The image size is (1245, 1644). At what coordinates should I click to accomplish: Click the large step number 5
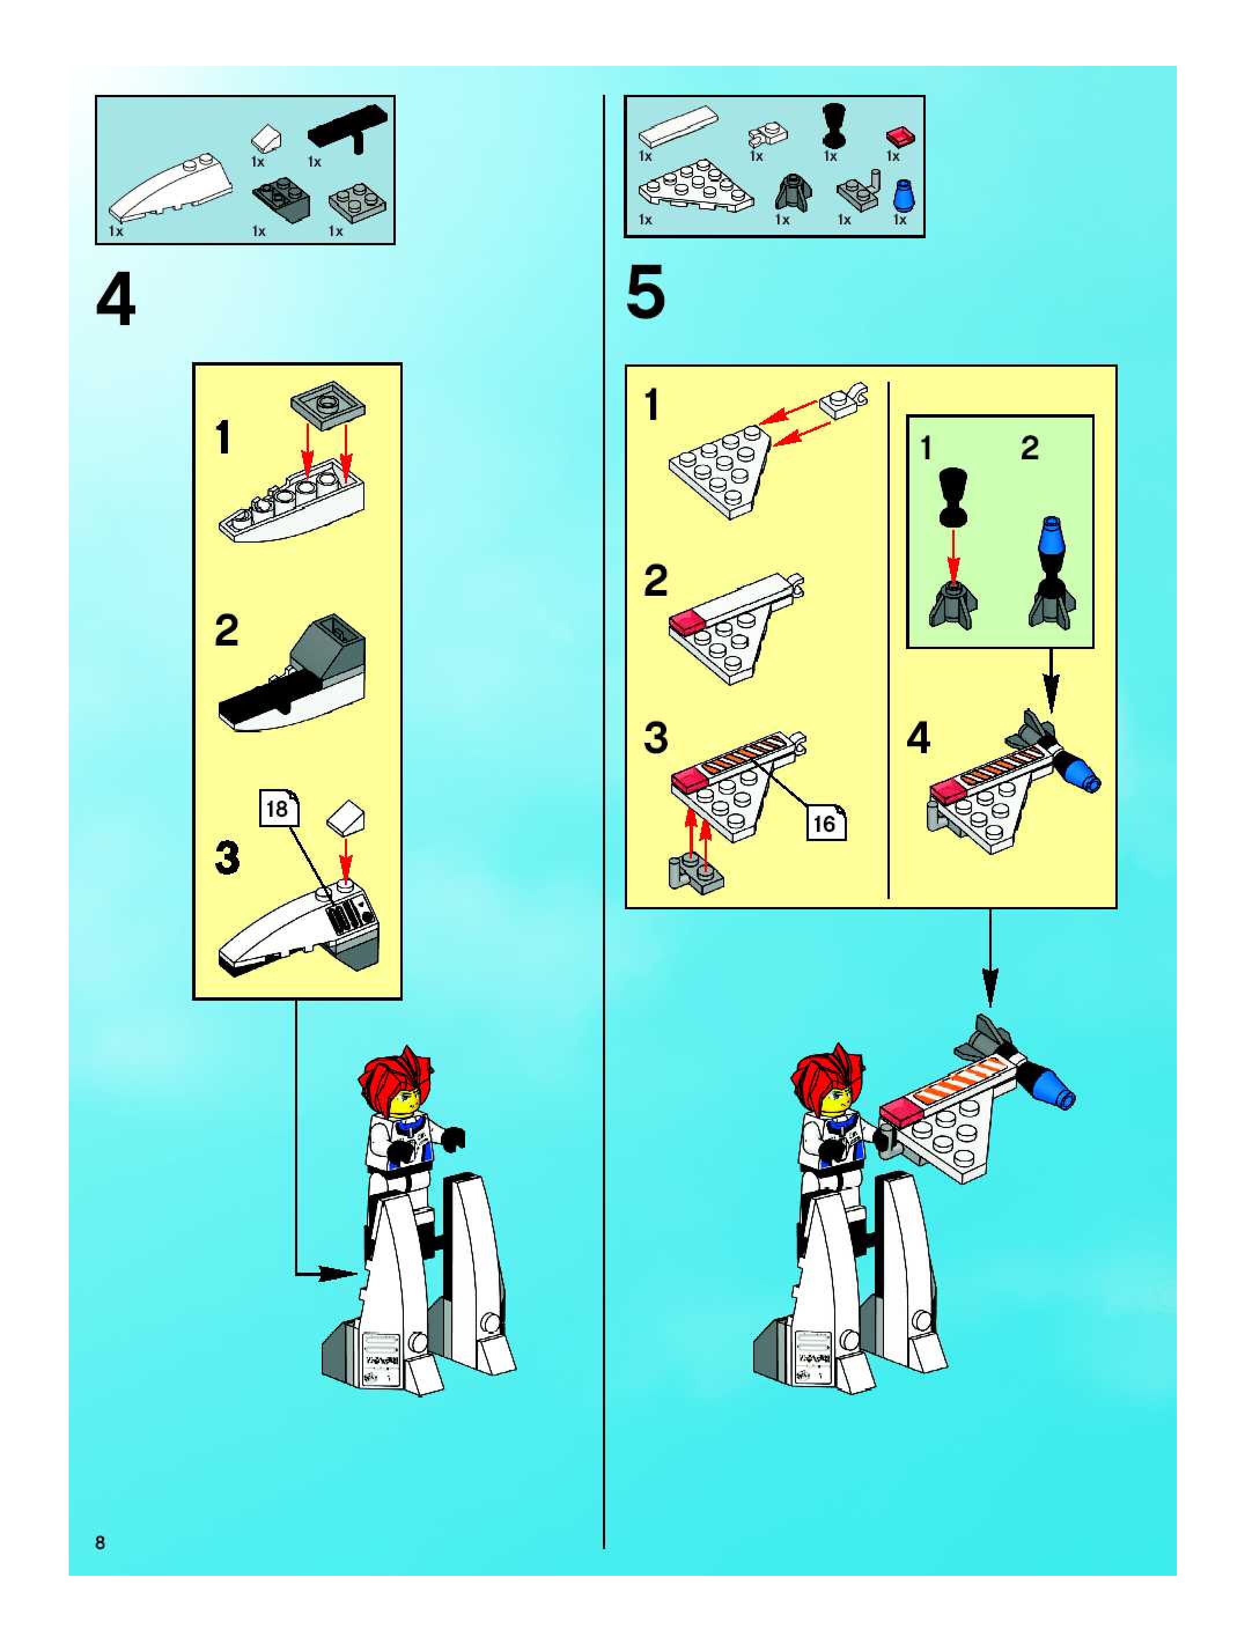(x=645, y=294)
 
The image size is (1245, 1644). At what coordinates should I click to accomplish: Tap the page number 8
(x=100, y=1542)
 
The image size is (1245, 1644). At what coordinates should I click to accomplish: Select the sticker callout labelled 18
(x=279, y=808)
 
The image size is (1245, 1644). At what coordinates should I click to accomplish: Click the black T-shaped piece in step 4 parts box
(x=348, y=128)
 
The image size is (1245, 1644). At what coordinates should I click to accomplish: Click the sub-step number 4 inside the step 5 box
(x=919, y=739)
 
